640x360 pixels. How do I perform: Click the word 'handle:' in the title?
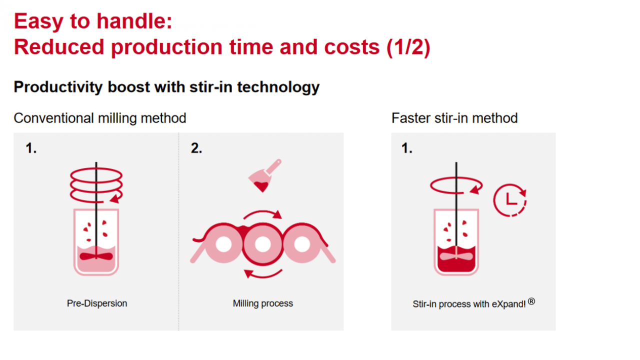pos(134,21)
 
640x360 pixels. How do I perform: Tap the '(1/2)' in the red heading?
pos(408,47)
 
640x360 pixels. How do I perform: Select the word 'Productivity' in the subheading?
pos(58,87)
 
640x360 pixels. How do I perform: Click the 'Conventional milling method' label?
pos(100,118)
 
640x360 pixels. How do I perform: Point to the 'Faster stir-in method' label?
pos(454,118)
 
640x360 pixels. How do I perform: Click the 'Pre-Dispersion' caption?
pos(97,303)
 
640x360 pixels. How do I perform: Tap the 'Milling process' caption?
pos(263,303)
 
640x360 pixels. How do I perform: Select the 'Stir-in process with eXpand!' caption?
pos(469,304)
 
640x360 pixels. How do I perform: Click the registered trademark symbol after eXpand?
pos(531,301)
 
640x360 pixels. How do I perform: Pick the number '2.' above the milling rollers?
pos(196,148)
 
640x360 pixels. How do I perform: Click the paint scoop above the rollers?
pos(264,175)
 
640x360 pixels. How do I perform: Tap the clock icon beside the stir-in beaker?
pos(510,200)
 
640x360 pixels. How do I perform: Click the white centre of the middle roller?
pos(263,244)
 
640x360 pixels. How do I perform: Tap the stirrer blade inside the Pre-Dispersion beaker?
pos(96,256)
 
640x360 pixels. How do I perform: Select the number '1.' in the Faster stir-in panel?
pos(407,148)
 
